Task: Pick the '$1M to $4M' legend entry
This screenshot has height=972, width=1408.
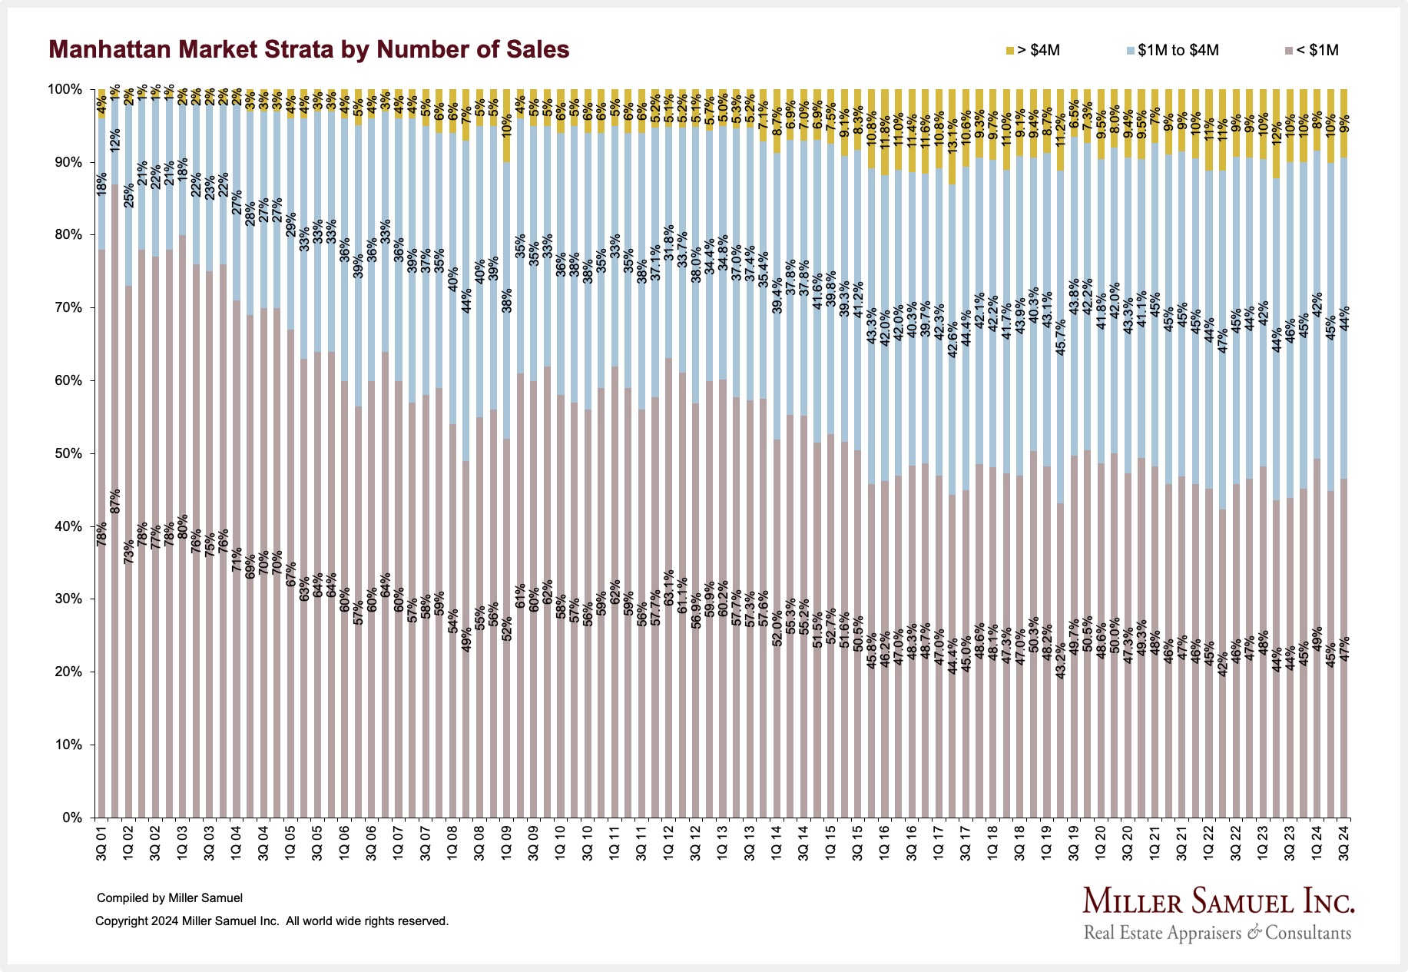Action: [1173, 51]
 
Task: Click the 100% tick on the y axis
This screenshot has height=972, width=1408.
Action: [66, 89]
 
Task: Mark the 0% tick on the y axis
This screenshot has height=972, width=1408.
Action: [72, 818]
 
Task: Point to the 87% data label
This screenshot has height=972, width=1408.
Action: [115, 501]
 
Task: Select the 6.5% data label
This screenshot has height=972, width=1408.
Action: [1074, 113]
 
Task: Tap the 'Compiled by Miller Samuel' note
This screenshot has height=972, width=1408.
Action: [170, 897]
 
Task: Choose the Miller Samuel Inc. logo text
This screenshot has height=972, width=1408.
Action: [1218, 901]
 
